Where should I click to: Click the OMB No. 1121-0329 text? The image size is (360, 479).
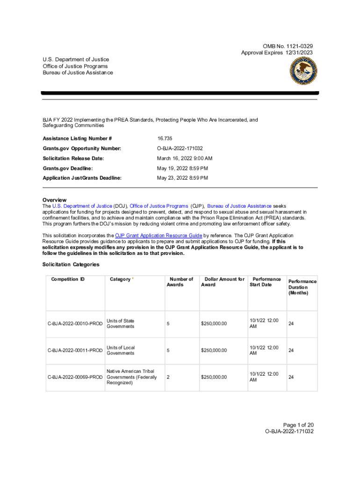pos(288,46)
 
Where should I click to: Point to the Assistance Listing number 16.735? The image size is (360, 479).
pos(165,138)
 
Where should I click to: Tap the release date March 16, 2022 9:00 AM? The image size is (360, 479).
pos(184,159)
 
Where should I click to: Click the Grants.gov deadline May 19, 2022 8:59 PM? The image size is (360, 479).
pos(182,168)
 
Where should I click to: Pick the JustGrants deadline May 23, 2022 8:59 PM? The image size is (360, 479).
pos(182,178)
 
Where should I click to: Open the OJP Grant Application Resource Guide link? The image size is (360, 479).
pos(158,235)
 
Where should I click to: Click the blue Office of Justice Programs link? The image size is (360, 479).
pos(158,206)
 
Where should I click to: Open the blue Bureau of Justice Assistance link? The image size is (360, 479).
pos(239,206)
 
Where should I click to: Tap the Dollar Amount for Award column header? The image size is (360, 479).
pos(223,282)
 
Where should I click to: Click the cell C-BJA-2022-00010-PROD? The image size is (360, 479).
pos(75,324)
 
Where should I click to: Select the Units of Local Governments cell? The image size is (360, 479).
pos(121,350)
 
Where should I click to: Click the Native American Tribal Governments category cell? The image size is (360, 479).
pos(131,377)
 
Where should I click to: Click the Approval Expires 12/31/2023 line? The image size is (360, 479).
pos(277,52)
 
